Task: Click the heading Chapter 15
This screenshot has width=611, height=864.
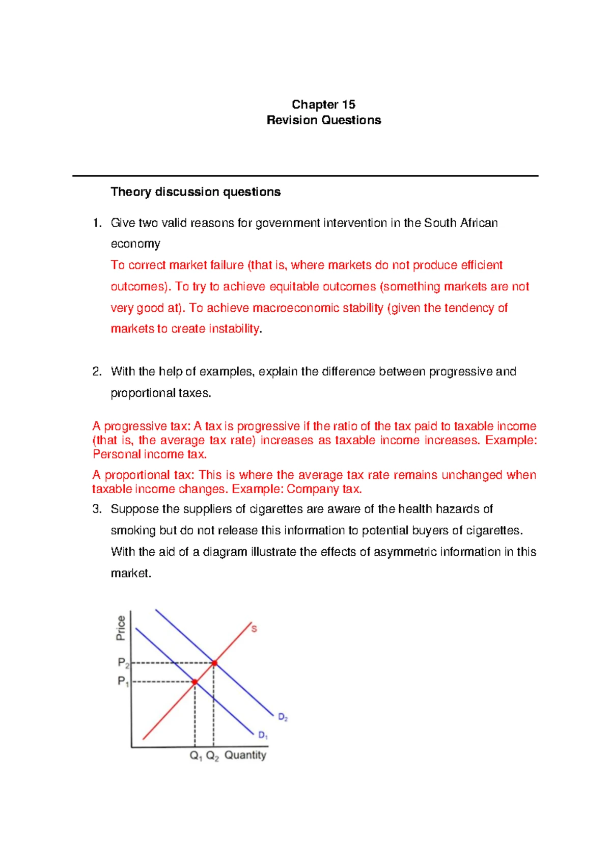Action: point(323,104)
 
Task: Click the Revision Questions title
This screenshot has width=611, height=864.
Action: point(324,120)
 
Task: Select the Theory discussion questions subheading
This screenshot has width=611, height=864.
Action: point(196,192)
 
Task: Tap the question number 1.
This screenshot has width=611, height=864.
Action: point(97,223)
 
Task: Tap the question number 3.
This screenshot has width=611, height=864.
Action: point(97,509)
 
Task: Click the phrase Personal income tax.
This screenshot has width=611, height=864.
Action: point(149,454)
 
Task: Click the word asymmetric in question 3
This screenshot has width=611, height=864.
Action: point(405,552)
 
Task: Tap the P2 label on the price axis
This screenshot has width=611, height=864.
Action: point(123,663)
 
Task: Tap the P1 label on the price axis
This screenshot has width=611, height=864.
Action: point(123,681)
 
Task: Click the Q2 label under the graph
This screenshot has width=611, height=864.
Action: point(212,755)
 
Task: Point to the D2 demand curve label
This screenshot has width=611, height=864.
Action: point(283,717)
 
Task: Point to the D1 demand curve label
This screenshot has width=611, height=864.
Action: point(263,735)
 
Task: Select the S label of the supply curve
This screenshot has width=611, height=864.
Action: point(254,629)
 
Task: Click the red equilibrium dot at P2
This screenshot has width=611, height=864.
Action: point(214,663)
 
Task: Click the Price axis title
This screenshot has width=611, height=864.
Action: point(121,628)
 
